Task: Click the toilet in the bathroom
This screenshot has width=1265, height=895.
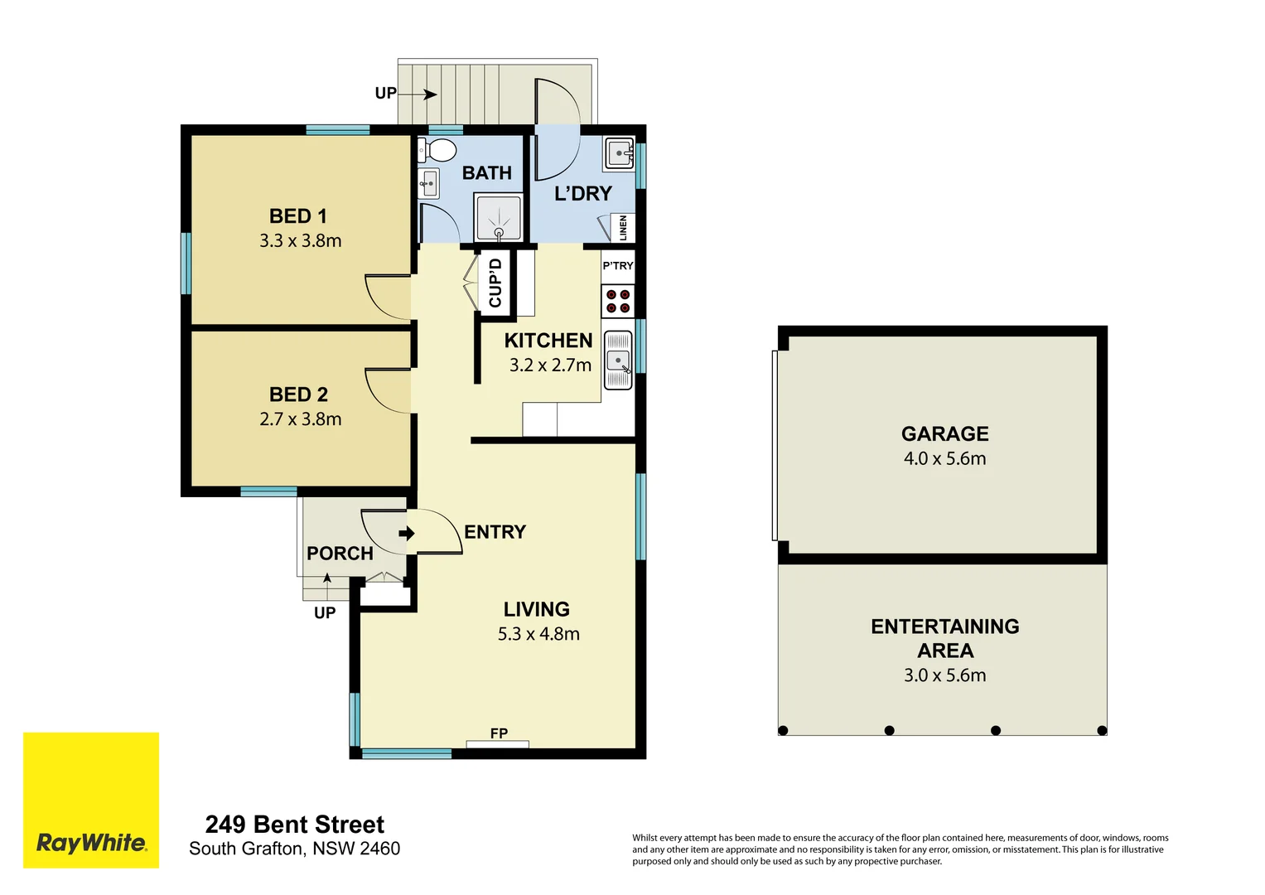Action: point(438,150)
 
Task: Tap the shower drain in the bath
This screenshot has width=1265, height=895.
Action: point(499,234)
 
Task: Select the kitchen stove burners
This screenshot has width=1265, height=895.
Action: point(617,302)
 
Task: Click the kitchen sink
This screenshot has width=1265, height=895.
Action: point(618,360)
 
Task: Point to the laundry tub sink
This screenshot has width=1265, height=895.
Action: point(620,153)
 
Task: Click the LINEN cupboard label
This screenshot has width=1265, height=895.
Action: point(623,228)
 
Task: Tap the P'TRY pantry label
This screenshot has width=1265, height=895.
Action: point(617,266)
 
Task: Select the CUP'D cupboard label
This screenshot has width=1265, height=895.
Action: point(495,283)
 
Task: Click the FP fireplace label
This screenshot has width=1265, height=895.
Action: point(499,733)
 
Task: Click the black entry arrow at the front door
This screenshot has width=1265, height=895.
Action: point(406,533)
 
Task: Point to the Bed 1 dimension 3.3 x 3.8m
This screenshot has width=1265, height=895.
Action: point(300,241)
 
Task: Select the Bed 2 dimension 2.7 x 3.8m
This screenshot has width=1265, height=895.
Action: point(300,419)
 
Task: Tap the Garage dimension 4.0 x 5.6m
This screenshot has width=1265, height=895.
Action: point(944,459)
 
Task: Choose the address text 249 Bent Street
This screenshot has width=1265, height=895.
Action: point(294,825)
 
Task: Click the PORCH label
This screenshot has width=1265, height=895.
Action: point(340,554)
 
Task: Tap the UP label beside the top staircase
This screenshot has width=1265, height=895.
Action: point(385,94)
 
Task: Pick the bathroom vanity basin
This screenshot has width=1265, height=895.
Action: point(428,183)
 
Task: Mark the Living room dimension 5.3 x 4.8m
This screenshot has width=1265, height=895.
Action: point(538,634)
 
